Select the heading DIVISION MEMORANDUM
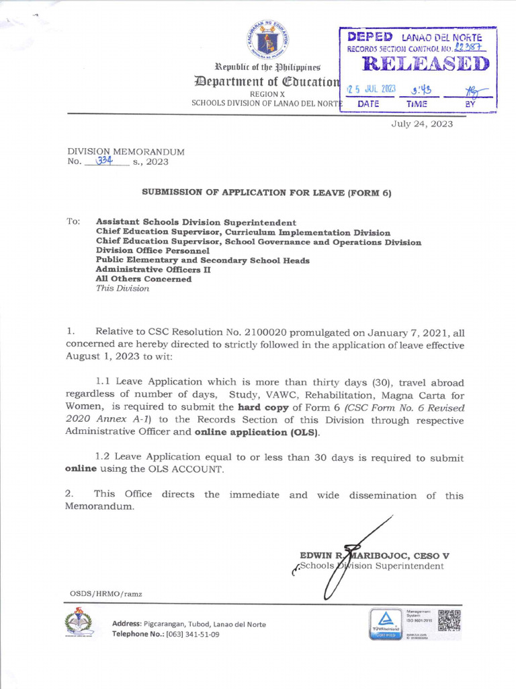click(x=125, y=152)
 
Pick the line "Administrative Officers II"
click(x=153, y=269)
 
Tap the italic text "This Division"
click(x=122, y=289)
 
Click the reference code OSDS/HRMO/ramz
click(x=106, y=593)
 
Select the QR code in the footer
click(x=449, y=620)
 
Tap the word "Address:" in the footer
click(x=126, y=624)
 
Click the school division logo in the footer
click(x=80, y=622)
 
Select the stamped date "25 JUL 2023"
click(x=371, y=90)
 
